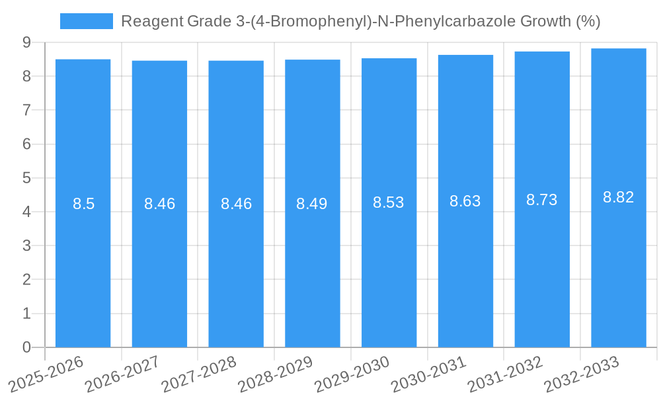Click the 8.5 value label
coord(83,204)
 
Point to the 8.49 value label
coord(312,204)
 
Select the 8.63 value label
coord(465,201)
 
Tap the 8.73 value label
coord(541,200)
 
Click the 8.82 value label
coord(618,197)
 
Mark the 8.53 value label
coord(389,202)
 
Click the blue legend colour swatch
coord(86,21)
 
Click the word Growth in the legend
coord(546,21)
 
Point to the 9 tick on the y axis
coord(26,42)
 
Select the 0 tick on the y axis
coord(26,347)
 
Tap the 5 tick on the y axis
coord(26,178)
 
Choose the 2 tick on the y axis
coord(26,280)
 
